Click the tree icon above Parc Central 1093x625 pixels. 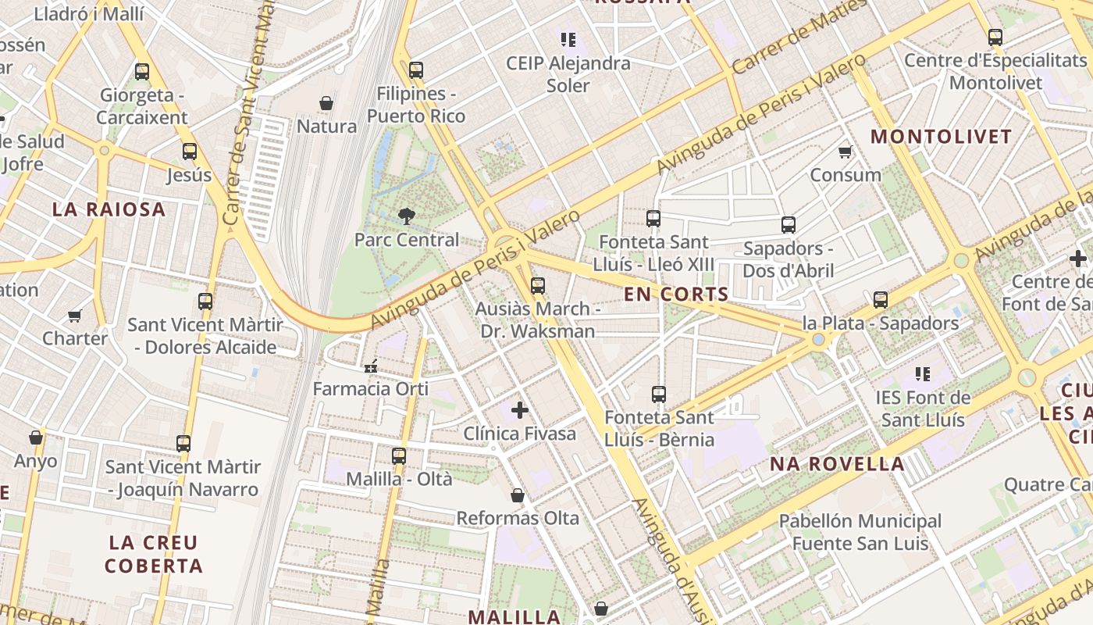point(406,216)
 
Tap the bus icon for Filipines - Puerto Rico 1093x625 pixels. point(416,70)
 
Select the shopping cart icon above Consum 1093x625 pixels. point(845,152)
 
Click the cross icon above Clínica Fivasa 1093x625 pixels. point(520,410)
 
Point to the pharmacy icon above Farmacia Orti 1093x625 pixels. point(371,366)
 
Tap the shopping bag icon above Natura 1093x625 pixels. point(326,103)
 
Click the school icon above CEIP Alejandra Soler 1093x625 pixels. point(568,39)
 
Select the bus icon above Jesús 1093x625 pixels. point(190,152)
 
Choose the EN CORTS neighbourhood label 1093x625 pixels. point(676,295)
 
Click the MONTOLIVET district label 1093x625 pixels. point(941,137)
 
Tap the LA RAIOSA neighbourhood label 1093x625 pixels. point(109,209)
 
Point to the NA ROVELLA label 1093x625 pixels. point(837,464)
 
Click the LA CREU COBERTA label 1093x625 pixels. point(154,554)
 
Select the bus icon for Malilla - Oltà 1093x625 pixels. point(399,455)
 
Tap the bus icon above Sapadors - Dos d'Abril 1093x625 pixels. point(789,225)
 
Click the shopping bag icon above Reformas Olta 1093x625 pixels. point(517,495)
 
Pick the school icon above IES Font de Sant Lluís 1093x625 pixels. point(923,374)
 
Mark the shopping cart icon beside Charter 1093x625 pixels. point(74,316)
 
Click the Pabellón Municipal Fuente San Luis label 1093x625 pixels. point(860,532)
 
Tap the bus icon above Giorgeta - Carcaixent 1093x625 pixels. point(142,72)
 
